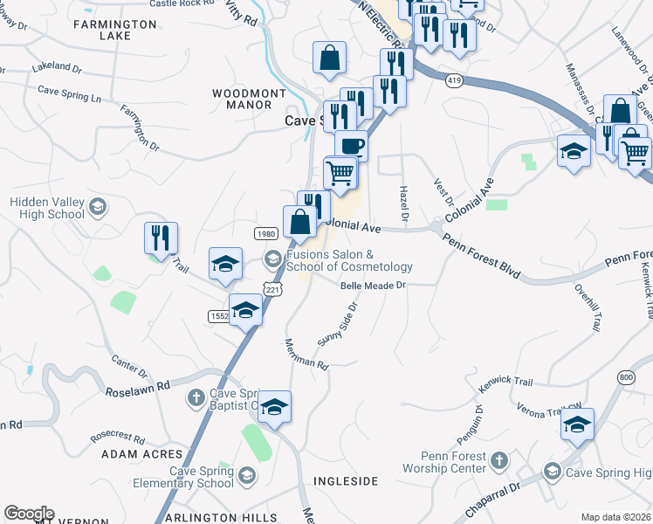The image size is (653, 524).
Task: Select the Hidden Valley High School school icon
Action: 97,207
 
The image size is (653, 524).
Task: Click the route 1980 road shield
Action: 266,234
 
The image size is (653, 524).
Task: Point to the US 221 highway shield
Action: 273,289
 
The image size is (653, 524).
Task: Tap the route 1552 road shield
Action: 218,315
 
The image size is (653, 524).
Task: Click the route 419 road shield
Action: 454,80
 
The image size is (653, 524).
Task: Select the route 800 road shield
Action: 625,376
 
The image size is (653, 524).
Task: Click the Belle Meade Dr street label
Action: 373,285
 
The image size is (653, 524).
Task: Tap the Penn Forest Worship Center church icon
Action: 498,459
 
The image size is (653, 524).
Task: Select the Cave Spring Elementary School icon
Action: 247,475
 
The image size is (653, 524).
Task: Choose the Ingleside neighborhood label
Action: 346,481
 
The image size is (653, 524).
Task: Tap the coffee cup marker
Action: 351,145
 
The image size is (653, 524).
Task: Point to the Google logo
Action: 29,514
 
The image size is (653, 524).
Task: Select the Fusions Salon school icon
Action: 272,258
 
